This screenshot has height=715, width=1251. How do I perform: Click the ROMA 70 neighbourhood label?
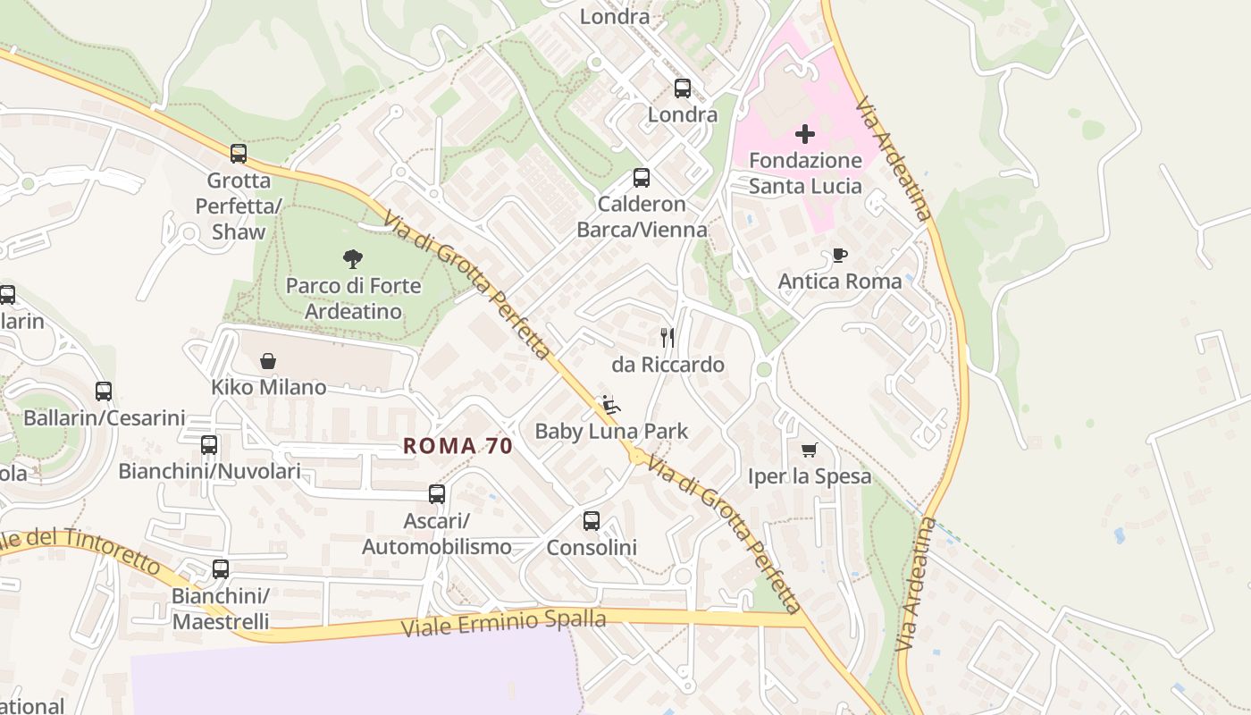(458, 446)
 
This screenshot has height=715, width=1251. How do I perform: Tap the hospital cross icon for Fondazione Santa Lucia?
(804, 134)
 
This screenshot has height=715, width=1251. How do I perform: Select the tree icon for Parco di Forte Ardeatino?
(353, 259)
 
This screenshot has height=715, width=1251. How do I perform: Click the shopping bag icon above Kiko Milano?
(268, 361)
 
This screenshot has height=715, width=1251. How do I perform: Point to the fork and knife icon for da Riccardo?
(667, 338)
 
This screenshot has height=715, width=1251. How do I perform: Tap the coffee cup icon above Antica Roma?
(839, 255)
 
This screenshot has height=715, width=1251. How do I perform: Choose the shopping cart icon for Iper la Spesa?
(809, 450)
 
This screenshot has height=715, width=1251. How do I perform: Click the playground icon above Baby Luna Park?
(611, 405)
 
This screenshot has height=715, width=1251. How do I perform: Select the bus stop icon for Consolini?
(591, 521)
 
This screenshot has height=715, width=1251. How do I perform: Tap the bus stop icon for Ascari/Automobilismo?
(436, 494)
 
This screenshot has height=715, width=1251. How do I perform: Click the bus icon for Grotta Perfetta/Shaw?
(238, 154)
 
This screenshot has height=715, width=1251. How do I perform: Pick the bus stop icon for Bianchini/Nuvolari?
(209, 444)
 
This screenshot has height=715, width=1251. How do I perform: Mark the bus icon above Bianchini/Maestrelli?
(220, 568)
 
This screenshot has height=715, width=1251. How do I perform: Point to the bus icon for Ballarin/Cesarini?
(104, 391)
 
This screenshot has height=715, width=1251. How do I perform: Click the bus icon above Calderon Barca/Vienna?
(641, 178)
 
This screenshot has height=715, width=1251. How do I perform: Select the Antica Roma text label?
(840, 282)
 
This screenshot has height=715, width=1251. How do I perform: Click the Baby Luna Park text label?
(611, 432)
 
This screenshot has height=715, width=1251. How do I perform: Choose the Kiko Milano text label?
(268, 388)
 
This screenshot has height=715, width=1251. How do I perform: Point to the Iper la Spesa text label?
(809, 476)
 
